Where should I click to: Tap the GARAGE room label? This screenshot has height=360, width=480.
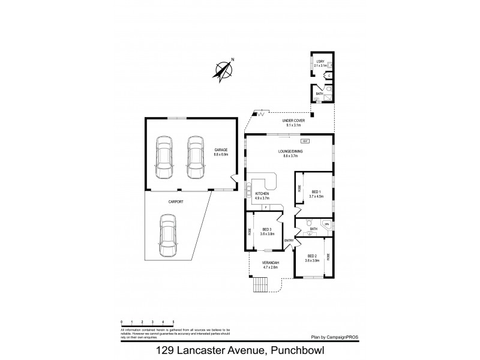222,151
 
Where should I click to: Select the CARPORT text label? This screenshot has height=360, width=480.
175,202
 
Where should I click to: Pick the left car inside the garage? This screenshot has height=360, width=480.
163,157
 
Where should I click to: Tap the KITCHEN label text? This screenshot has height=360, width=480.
263,196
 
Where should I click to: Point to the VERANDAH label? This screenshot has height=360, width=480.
270,264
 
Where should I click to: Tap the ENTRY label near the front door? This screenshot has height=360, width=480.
289,241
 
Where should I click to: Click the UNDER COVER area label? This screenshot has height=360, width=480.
293,122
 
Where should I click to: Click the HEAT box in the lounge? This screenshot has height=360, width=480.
304,141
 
